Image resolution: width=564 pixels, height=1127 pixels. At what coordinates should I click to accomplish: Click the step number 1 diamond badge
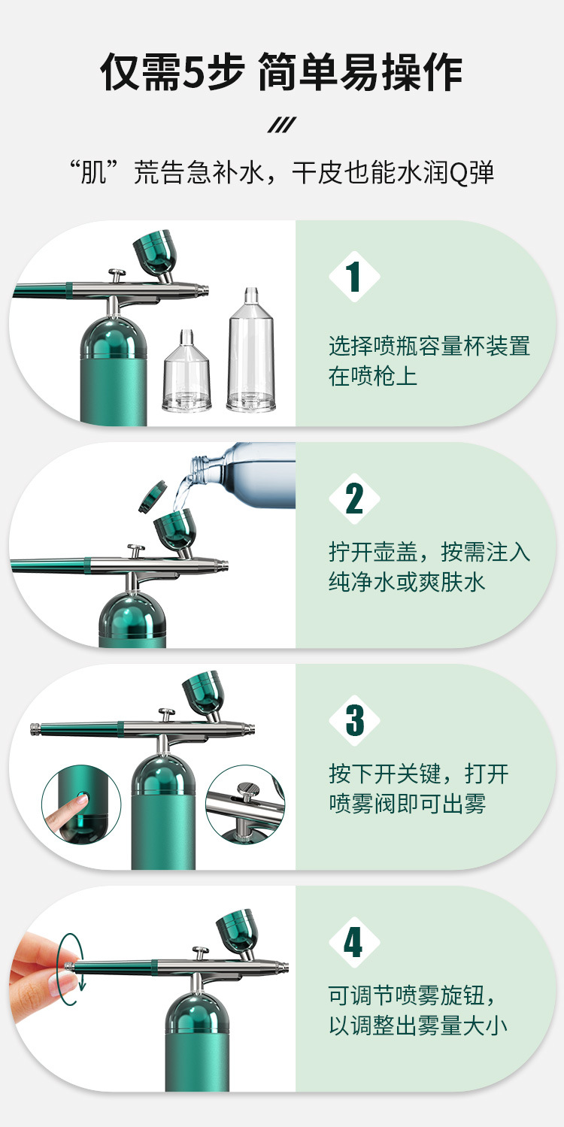[354, 277]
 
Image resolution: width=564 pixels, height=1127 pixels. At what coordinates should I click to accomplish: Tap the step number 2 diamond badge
[354, 498]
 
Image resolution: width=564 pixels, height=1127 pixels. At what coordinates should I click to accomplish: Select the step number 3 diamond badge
[354, 720]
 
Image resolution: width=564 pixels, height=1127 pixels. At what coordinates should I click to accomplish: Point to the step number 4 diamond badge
[354, 942]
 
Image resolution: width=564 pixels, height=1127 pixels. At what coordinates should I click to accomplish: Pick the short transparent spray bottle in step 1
[187, 371]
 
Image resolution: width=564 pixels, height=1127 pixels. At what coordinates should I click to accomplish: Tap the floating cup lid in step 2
[153, 497]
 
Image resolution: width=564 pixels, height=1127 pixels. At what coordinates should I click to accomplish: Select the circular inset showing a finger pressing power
[80, 804]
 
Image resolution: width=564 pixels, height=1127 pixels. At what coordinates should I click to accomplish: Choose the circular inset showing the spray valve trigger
[245, 804]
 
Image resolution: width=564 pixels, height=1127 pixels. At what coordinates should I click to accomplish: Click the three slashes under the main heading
[281, 125]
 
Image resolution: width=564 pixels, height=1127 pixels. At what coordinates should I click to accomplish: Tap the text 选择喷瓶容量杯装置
[429, 346]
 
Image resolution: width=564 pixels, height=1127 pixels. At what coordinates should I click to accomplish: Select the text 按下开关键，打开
[419, 774]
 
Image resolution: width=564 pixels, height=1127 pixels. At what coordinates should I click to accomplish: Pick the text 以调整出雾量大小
[418, 1026]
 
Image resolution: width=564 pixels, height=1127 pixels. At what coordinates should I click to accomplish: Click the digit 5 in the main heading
[193, 74]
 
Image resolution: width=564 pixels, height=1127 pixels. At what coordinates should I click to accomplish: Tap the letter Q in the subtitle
[457, 173]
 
